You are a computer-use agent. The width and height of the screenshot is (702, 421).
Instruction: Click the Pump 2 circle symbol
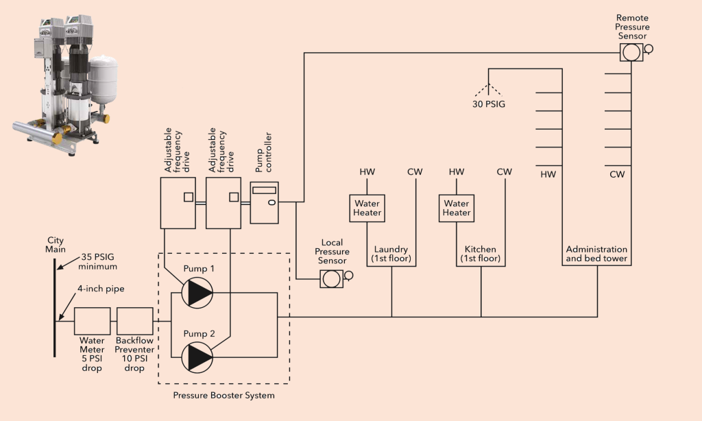tap(197, 357)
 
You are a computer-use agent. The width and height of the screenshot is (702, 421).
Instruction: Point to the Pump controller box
tap(265, 202)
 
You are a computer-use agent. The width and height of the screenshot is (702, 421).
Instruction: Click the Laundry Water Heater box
tap(367, 208)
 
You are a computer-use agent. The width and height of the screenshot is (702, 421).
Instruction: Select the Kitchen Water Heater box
tap(456, 208)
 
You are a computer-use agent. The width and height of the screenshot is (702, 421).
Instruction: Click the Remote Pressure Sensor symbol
tap(631, 51)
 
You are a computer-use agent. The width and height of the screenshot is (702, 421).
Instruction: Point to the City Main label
tap(56, 245)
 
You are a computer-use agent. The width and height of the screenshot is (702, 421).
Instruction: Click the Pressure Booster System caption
tap(223, 395)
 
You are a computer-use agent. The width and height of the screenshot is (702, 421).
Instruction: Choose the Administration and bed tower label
tap(596, 254)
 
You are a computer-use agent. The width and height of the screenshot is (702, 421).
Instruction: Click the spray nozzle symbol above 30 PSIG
tap(488, 88)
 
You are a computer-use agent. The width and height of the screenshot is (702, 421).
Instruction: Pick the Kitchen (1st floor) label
tap(480, 254)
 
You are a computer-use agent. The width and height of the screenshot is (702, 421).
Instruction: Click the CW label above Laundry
tap(415, 171)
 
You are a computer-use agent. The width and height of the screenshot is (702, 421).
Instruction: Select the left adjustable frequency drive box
tap(178, 203)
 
